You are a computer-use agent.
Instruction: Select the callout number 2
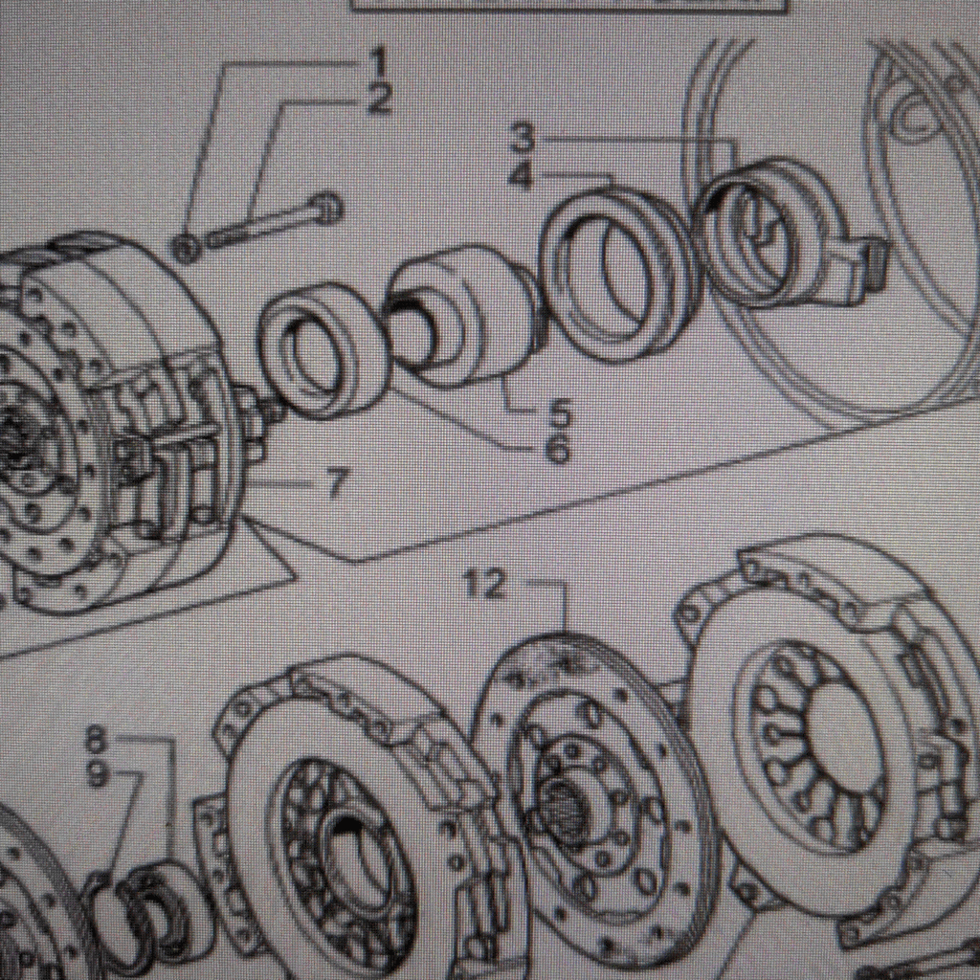380,99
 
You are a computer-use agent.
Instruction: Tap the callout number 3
522,139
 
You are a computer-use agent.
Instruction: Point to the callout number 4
522,176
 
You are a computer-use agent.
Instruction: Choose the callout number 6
558,449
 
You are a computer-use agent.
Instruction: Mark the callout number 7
333,484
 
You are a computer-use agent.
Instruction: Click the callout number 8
96,739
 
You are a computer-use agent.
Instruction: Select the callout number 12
484,584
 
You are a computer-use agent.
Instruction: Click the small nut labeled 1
187,249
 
